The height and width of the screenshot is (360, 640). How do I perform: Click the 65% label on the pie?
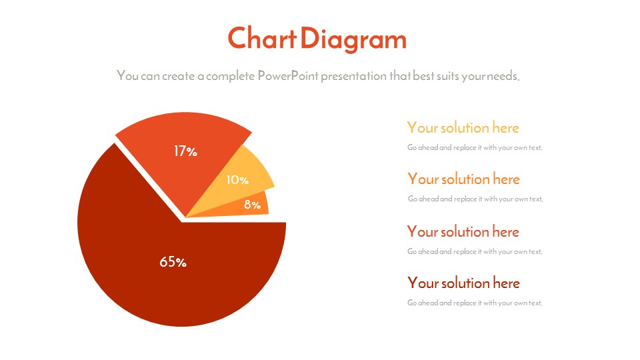pos(173,261)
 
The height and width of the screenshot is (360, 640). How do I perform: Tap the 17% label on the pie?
pos(185,151)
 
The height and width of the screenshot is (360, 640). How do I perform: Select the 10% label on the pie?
pos(237,179)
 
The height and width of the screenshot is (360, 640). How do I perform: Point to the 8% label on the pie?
pos(252,205)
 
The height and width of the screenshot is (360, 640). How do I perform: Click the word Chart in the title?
pos(261,38)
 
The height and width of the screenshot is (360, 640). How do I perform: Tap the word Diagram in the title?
pos(353,39)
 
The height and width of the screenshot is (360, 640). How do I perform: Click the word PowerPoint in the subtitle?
pos(288,75)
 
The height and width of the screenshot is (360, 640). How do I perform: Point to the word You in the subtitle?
pos(127,75)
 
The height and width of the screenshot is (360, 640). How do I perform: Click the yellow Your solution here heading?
pos(463,128)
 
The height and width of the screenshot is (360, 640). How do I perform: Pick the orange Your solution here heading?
pos(463,179)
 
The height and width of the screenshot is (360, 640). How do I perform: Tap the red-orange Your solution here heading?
pos(463,232)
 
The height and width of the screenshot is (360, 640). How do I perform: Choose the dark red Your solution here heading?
pos(463,283)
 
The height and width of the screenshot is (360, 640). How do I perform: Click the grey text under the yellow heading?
pos(475,147)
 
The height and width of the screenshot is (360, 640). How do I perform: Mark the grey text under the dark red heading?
pos(475,303)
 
